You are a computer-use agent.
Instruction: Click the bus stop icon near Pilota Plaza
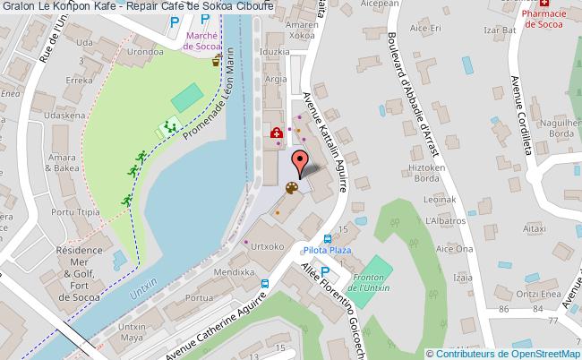[x=328, y=239]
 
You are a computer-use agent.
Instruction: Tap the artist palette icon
[x=290, y=188]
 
